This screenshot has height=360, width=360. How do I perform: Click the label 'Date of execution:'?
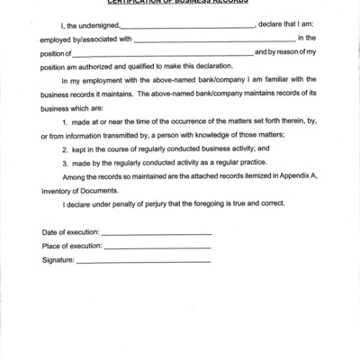[71, 232]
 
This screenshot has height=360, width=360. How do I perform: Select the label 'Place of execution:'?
[72, 246]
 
